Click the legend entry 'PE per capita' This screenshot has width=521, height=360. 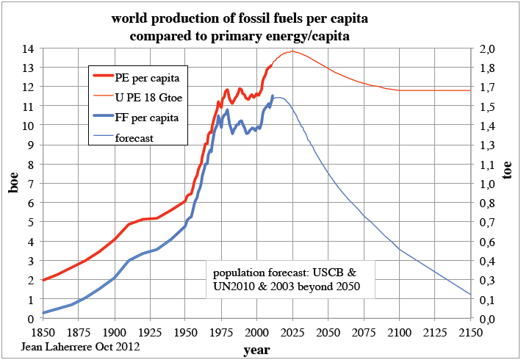(148, 77)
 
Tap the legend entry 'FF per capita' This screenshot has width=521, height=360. (147, 117)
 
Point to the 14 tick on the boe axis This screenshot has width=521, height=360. (28, 49)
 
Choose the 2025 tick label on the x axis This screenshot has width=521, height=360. (292, 333)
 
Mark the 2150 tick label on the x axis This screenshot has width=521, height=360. (470, 333)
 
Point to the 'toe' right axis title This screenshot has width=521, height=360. (507, 171)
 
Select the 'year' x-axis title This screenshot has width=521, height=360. (256, 350)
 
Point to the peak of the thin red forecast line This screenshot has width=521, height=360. (292, 51)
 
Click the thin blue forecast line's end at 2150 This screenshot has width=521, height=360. (470, 295)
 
